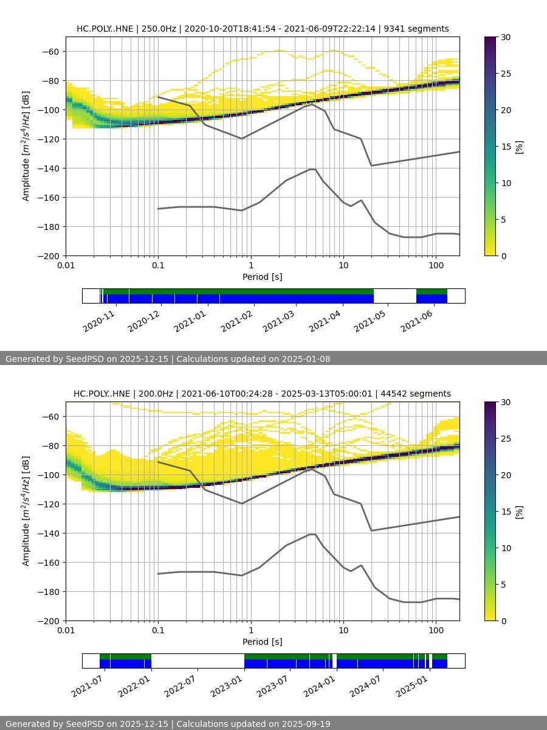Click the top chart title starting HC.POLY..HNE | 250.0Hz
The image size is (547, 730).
click(263, 29)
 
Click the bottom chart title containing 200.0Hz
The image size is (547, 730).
click(262, 394)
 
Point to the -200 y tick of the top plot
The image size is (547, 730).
click(49, 256)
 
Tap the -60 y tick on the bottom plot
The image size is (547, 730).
click(49, 417)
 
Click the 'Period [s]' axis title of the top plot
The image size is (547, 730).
click(263, 277)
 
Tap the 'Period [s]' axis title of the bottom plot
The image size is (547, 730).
click(263, 642)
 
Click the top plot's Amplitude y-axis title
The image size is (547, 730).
click(26, 146)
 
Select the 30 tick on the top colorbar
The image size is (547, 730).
click(505, 37)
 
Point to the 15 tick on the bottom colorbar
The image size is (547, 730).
click(505, 512)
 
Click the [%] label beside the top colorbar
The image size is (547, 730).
click(519, 147)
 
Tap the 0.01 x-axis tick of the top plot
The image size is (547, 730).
click(66, 265)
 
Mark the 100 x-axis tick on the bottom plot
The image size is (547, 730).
click(435, 630)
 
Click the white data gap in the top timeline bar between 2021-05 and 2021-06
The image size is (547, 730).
click(395, 296)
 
